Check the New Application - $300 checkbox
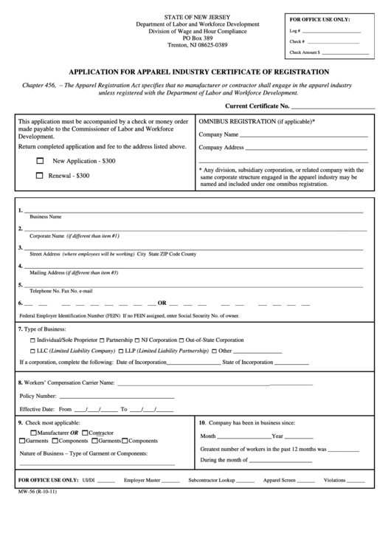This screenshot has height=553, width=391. [40, 160]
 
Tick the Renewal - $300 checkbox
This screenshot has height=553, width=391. [40, 176]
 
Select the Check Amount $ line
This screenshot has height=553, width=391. [345, 53]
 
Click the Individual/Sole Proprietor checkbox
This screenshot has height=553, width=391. [32, 340]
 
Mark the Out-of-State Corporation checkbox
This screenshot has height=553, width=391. [181, 340]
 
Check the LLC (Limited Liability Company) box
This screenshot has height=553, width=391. [32, 351]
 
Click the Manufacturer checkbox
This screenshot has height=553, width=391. [33, 432]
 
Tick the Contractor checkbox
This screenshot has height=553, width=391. [85, 432]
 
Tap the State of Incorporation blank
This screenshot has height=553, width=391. [291, 362]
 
